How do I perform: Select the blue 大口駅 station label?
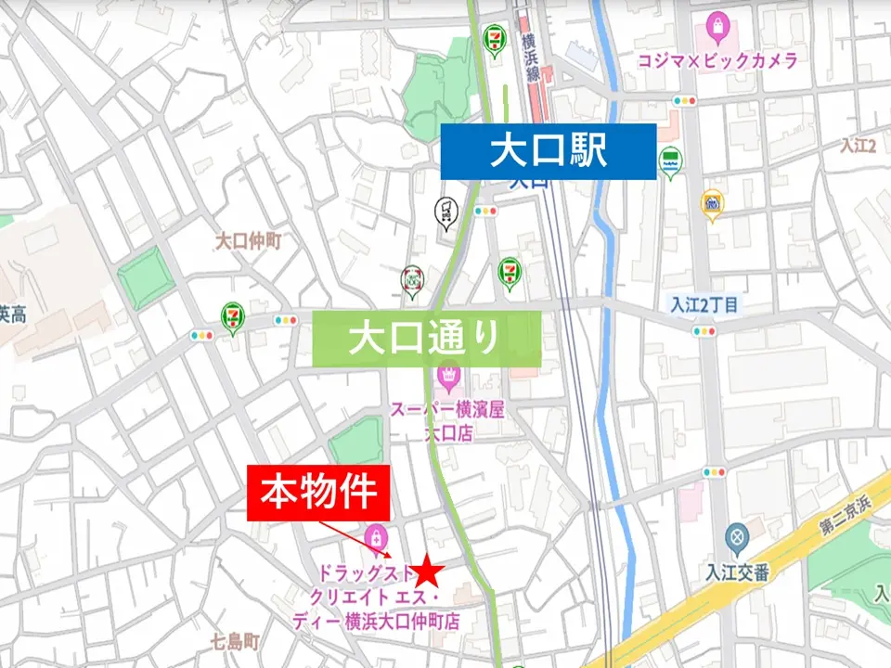549,150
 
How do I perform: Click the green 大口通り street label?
426,339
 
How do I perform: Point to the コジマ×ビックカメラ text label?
717,60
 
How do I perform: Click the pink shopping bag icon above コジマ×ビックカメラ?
717,26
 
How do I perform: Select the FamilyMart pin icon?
670,161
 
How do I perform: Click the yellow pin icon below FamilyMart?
712,203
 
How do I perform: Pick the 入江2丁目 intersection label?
705,305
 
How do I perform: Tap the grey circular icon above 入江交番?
737,536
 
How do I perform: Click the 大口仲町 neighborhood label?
248,241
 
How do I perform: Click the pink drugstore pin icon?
376,536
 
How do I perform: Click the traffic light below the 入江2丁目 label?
704,331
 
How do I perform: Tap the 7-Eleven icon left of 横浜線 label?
494,40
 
